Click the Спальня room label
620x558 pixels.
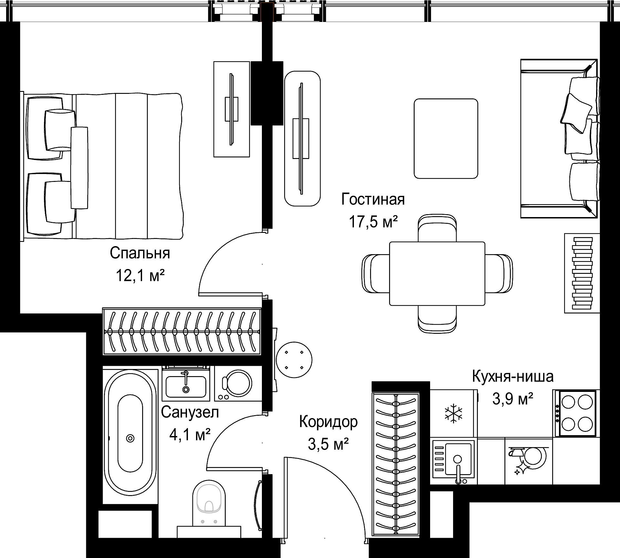pyautogui.click(x=140, y=254)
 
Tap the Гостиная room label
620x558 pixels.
pyautogui.click(x=373, y=199)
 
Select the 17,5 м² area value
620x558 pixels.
pyautogui.click(x=373, y=222)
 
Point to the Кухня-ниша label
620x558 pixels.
pyautogui.click(x=513, y=376)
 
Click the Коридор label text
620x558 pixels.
pyautogui.click(x=328, y=422)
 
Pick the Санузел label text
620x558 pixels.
pyautogui.click(x=190, y=412)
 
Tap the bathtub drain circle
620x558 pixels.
pyautogui.click(x=130, y=438)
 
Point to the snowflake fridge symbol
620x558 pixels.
pyautogui.click(x=453, y=413)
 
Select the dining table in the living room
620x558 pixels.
pyautogui.click(x=437, y=274)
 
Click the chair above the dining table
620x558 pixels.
pyautogui.click(x=437, y=228)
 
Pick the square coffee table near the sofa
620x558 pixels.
pyautogui.click(x=446, y=138)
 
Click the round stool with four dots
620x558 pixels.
pyautogui.click(x=294, y=360)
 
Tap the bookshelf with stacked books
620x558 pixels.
pyautogui.click(x=582, y=273)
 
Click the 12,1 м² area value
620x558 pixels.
pyautogui.click(x=140, y=276)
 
